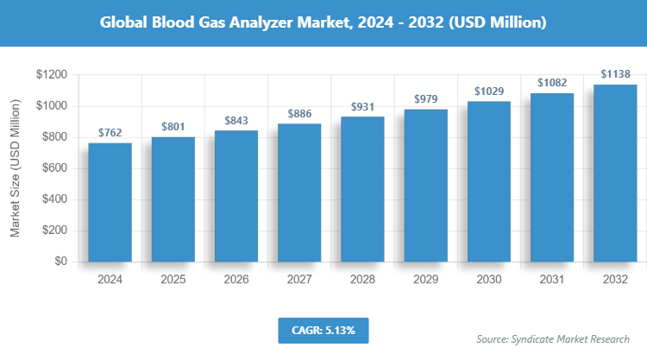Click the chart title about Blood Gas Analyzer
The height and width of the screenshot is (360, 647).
pos(323,22)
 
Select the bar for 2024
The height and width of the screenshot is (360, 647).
pos(110,202)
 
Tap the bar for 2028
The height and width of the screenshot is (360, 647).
pos(362,189)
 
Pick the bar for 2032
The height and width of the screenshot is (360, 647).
pos(614,173)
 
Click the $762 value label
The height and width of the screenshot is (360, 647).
pos(110,133)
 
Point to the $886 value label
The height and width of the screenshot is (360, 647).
pos(298,114)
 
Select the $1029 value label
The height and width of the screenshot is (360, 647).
pos(488,92)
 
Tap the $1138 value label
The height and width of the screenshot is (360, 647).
pos(614,74)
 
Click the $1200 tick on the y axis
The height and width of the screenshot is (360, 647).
pos(52,75)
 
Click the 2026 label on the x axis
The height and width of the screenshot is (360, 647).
pos(236,280)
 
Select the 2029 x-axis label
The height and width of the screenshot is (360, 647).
pos(425,280)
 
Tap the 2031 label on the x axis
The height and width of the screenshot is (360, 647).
pos(551,280)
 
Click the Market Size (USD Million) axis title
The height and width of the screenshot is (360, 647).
pos(15,168)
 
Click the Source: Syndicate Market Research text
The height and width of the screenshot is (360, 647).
pos(553,338)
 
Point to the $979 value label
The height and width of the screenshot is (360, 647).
pos(425,99)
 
